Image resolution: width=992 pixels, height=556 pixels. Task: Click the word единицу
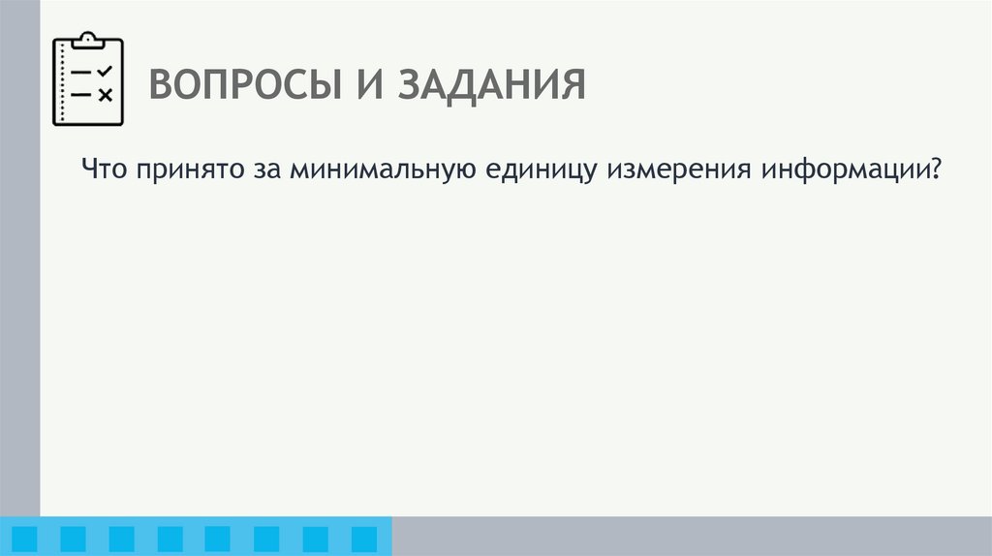pos(539,171)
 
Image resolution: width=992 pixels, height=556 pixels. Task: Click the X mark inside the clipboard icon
pos(106,94)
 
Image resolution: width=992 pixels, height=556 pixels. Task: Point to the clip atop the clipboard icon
pos(88,39)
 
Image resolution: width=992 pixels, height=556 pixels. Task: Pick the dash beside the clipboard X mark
pos(82,94)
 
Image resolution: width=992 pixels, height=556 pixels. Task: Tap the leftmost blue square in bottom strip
pos(24,539)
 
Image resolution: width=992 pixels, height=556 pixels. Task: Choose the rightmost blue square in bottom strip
pos(363,539)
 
